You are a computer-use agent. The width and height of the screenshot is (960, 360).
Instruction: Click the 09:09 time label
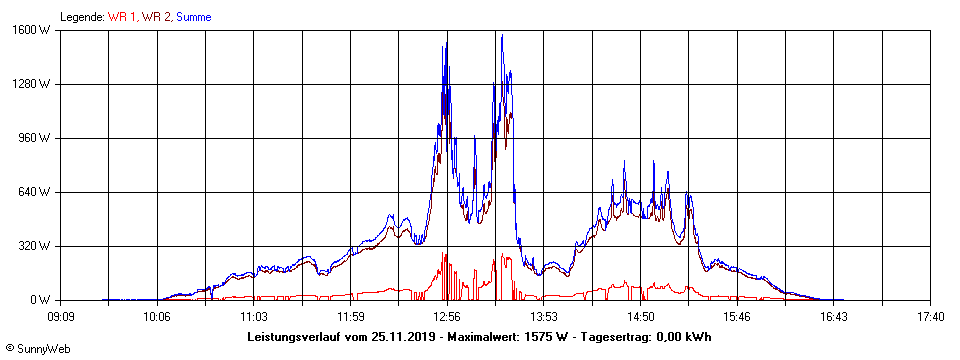(x=61, y=317)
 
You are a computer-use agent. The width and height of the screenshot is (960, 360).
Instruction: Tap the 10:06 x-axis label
(x=158, y=317)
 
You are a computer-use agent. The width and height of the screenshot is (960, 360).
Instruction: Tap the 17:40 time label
(x=930, y=317)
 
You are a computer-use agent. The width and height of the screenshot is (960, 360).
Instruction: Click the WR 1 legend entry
(x=122, y=17)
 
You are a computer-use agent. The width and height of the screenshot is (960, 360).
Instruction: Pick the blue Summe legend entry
(x=193, y=17)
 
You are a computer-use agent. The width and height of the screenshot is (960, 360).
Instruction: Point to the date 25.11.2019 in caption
(x=398, y=337)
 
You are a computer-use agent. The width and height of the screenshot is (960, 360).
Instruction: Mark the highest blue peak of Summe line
(x=501, y=35)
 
